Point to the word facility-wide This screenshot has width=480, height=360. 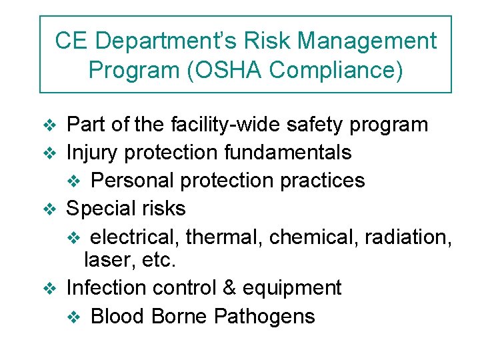point(211,125)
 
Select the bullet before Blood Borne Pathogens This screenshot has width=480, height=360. point(74,317)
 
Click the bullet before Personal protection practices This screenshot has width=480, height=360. point(74,181)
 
